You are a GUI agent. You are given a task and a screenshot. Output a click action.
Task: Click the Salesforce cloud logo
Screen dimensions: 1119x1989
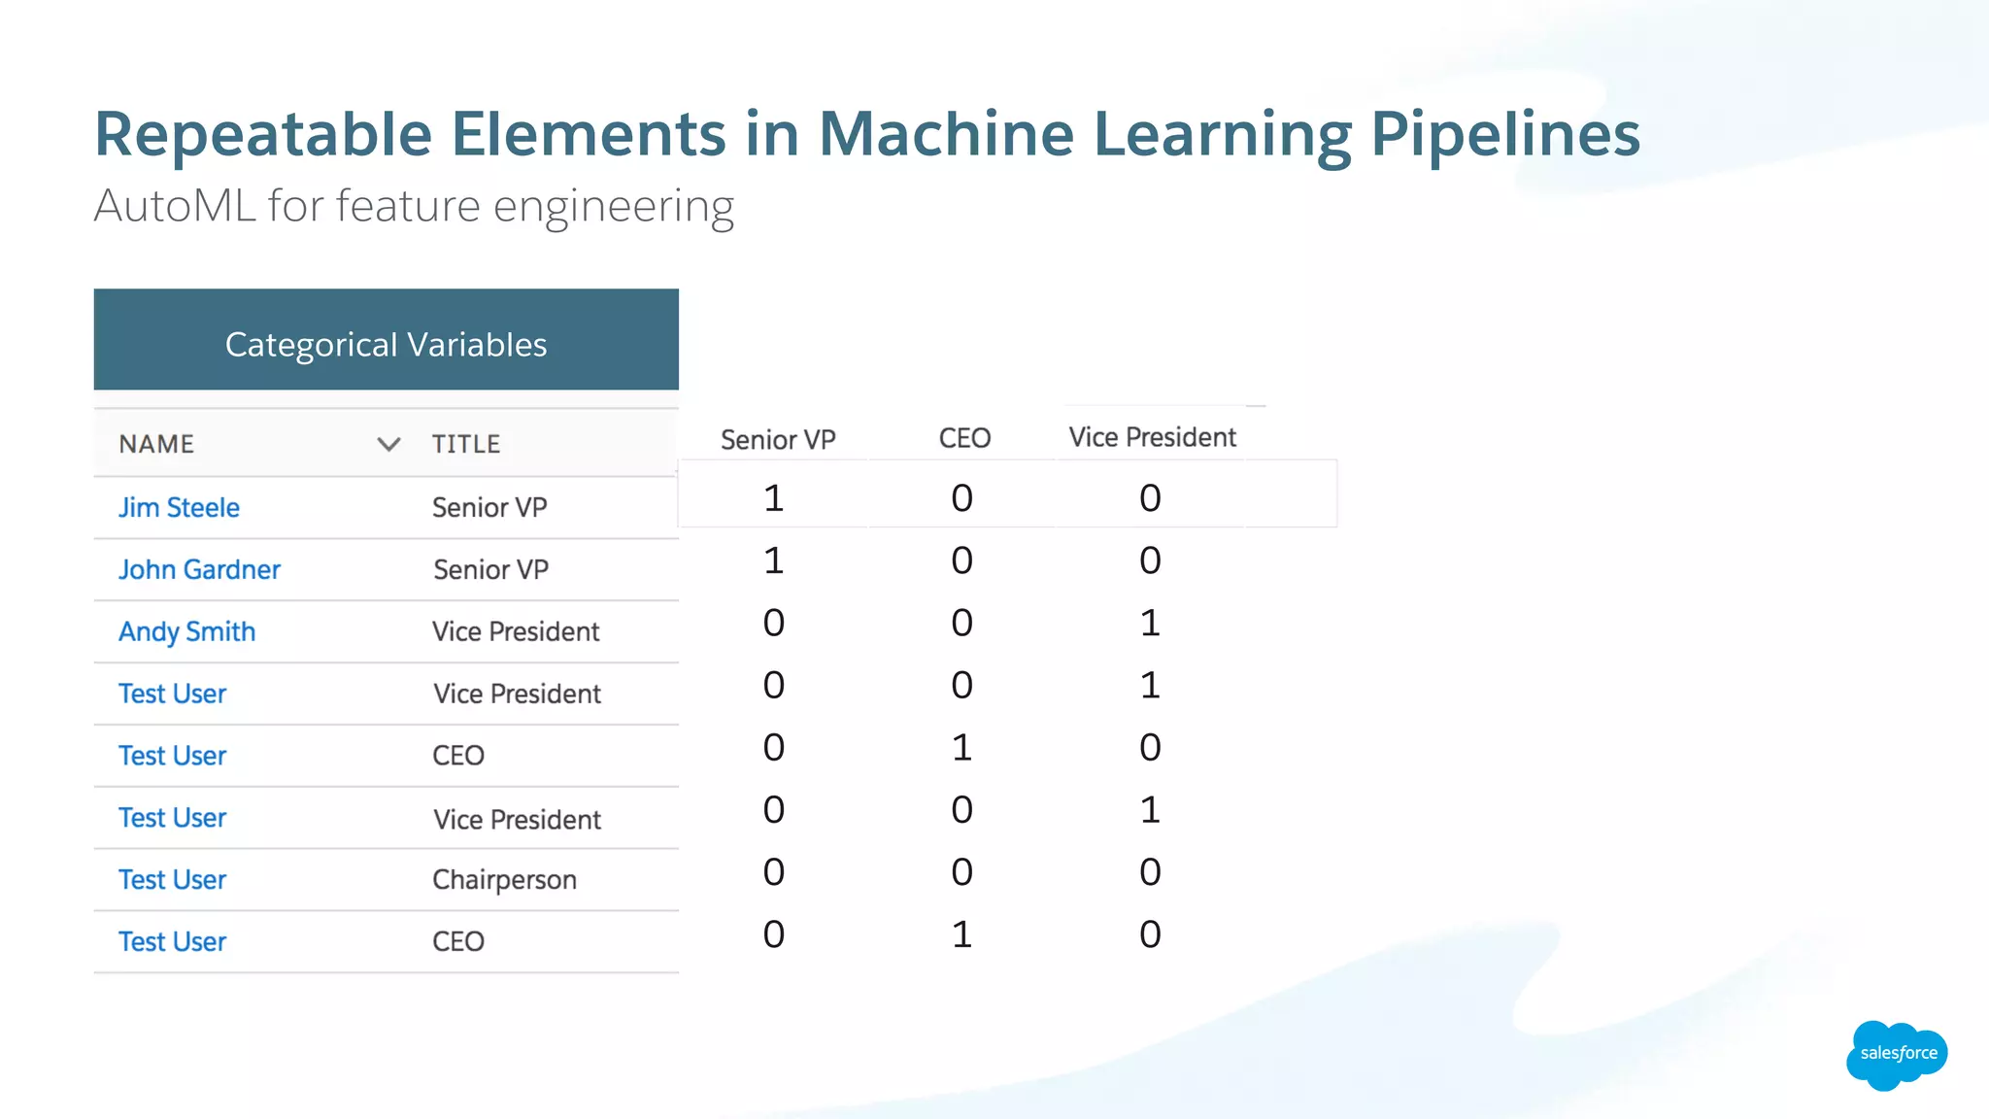click(x=1897, y=1054)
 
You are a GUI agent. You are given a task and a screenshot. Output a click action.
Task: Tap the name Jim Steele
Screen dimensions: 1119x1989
click(x=179, y=507)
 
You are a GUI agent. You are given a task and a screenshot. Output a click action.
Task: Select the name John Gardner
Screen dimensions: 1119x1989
click(x=199, y=569)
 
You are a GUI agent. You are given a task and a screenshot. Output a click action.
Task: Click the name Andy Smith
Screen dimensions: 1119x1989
click(x=186, y=631)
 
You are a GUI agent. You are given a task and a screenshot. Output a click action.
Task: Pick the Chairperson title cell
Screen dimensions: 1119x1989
click(x=504, y=879)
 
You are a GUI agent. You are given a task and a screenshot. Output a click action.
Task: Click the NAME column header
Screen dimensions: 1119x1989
click(x=156, y=444)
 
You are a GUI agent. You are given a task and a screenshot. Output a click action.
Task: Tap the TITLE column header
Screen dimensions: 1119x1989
click(x=466, y=444)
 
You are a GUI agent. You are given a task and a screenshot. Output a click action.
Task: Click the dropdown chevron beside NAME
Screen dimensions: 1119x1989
click(x=388, y=444)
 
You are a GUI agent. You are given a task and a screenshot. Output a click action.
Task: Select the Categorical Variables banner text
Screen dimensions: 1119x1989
click(x=386, y=345)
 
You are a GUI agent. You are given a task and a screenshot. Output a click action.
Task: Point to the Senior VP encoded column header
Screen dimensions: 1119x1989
click(x=778, y=439)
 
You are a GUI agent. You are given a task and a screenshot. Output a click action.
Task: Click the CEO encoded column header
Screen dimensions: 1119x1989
click(x=964, y=438)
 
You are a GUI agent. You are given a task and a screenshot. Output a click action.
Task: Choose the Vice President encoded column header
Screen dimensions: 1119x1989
click(x=1152, y=437)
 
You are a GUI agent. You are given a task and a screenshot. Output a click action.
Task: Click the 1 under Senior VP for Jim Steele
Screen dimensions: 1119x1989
click(x=773, y=498)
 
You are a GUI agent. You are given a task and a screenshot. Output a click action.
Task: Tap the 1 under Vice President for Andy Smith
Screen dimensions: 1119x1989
click(x=1150, y=623)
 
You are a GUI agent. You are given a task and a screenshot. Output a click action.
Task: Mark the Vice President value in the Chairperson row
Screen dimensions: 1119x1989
click(x=1150, y=872)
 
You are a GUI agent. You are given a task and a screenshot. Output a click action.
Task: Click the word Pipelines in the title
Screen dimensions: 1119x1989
click(x=1504, y=134)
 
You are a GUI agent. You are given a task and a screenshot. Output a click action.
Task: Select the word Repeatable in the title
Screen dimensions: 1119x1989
click(x=263, y=134)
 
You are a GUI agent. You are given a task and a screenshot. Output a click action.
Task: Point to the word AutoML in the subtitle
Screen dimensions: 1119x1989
click(x=175, y=206)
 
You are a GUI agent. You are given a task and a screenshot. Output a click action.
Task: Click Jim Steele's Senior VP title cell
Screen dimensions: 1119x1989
click(x=489, y=507)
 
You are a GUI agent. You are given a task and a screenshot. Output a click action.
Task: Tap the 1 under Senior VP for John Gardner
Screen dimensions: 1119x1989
click(x=773, y=560)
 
